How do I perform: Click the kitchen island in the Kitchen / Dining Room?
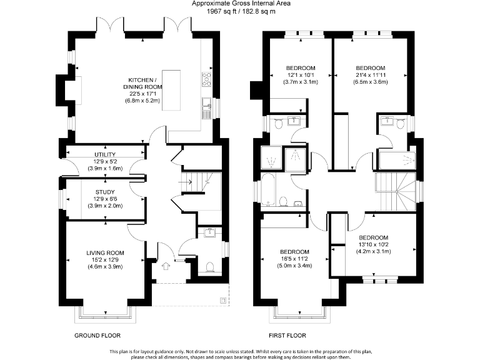pyautogui.click(x=171, y=91)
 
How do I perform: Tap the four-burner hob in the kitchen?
pyautogui.click(x=206, y=79)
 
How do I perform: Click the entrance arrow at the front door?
pyautogui.click(x=166, y=266)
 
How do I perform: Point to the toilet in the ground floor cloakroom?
pyautogui.click(x=211, y=267)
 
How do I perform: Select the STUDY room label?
pyautogui.click(x=105, y=192)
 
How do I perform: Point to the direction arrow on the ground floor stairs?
pyautogui.click(x=186, y=183)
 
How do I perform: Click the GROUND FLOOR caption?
pyautogui.click(x=97, y=336)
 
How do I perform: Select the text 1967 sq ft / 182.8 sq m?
pyautogui.click(x=241, y=11)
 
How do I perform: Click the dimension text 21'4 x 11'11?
pyautogui.click(x=371, y=75)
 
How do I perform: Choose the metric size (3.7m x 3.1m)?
pyautogui.click(x=301, y=82)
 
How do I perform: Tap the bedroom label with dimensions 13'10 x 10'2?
pyautogui.click(x=373, y=237)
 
